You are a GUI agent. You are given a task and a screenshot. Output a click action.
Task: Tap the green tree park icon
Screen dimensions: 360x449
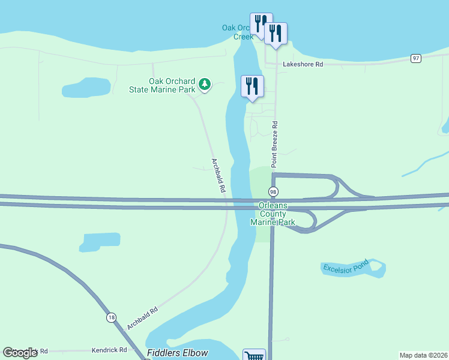pos(205,84)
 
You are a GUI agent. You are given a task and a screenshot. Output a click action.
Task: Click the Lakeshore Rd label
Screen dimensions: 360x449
pos(303,64)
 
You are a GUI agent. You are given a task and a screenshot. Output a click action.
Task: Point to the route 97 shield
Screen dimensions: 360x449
pos(415,58)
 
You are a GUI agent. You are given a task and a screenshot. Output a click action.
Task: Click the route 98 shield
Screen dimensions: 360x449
pos(273,192)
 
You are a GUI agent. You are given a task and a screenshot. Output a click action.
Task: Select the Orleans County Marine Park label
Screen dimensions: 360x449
pos(277,214)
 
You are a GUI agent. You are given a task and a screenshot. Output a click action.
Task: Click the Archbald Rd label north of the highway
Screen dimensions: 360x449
pos(218,175)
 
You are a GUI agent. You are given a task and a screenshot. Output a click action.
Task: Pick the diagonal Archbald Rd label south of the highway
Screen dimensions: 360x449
pos(142,318)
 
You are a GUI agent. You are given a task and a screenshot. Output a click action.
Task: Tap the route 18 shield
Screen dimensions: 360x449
pos(111,318)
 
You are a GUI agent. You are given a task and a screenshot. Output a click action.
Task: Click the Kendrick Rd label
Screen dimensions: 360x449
pos(109,350)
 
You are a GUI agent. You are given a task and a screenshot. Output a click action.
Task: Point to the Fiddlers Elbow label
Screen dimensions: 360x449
pos(177,353)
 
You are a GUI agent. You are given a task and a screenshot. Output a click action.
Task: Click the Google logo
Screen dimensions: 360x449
pos(20,353)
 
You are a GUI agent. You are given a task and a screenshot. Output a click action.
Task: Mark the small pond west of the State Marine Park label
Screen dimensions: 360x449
pos(86,88)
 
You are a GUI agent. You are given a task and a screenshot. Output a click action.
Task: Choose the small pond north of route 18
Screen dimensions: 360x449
pos(100,242)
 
